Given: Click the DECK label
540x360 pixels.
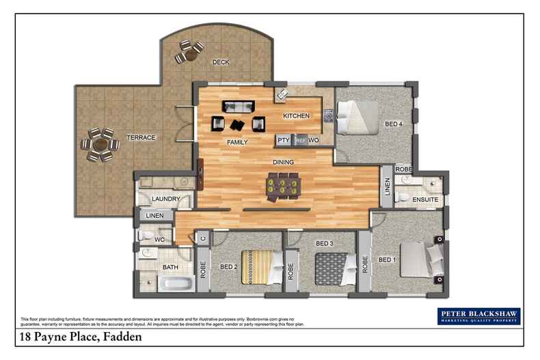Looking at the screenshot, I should tap(221, 62).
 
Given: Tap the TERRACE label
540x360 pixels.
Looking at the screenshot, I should tap(141, 138).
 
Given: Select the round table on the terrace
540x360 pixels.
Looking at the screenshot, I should tap(100, 144).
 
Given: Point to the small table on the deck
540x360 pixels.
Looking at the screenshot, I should tap(189, 52).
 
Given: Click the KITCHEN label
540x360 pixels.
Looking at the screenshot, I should tap(297, 116).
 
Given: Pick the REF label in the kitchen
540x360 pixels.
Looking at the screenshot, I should tap(301, 140).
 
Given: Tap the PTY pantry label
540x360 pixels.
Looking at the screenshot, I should tap(284, 140).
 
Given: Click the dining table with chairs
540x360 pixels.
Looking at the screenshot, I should tap(283, 185).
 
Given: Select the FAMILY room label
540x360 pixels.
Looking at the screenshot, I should tap(237, 142).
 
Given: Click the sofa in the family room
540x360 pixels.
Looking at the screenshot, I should tap(238, 107).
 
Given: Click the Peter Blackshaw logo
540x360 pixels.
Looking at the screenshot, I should tap(478, 316).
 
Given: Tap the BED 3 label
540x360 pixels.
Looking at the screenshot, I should tap(324, 243).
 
